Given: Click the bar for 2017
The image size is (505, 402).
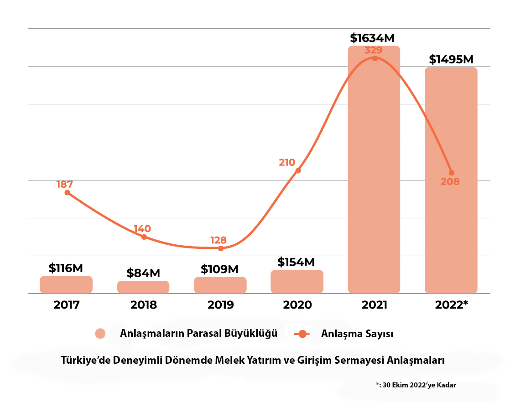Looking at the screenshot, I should click(66, 284).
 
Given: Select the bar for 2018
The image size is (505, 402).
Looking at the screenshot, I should click(143, 287).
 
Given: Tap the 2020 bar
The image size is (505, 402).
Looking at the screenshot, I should click(297, 281).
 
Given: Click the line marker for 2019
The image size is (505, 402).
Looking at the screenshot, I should click(221, 248).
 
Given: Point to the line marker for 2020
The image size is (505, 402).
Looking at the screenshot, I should click(298, 170).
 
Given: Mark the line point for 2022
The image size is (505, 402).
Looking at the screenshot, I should click(452, 173).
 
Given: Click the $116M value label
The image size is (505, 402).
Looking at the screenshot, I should click(66, 268).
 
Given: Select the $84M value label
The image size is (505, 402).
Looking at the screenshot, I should click(143, 273).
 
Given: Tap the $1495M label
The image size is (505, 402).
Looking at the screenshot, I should click(451, 60).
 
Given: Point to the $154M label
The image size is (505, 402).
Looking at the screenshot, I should click(297, 262).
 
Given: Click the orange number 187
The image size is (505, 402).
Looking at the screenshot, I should click(65, 185).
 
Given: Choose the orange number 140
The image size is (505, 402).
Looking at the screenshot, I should click(142, 229).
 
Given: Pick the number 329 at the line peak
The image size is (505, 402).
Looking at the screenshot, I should click(374, 50).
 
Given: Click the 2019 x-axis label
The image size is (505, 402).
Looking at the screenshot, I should click(220, 305).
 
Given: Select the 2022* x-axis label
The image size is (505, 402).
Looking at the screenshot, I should click(452, 305).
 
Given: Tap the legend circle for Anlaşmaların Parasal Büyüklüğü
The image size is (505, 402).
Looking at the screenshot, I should click(100, 334).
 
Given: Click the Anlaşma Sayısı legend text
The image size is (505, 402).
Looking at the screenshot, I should click(357, 334).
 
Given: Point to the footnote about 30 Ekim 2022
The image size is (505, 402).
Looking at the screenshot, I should click(415, 385).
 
